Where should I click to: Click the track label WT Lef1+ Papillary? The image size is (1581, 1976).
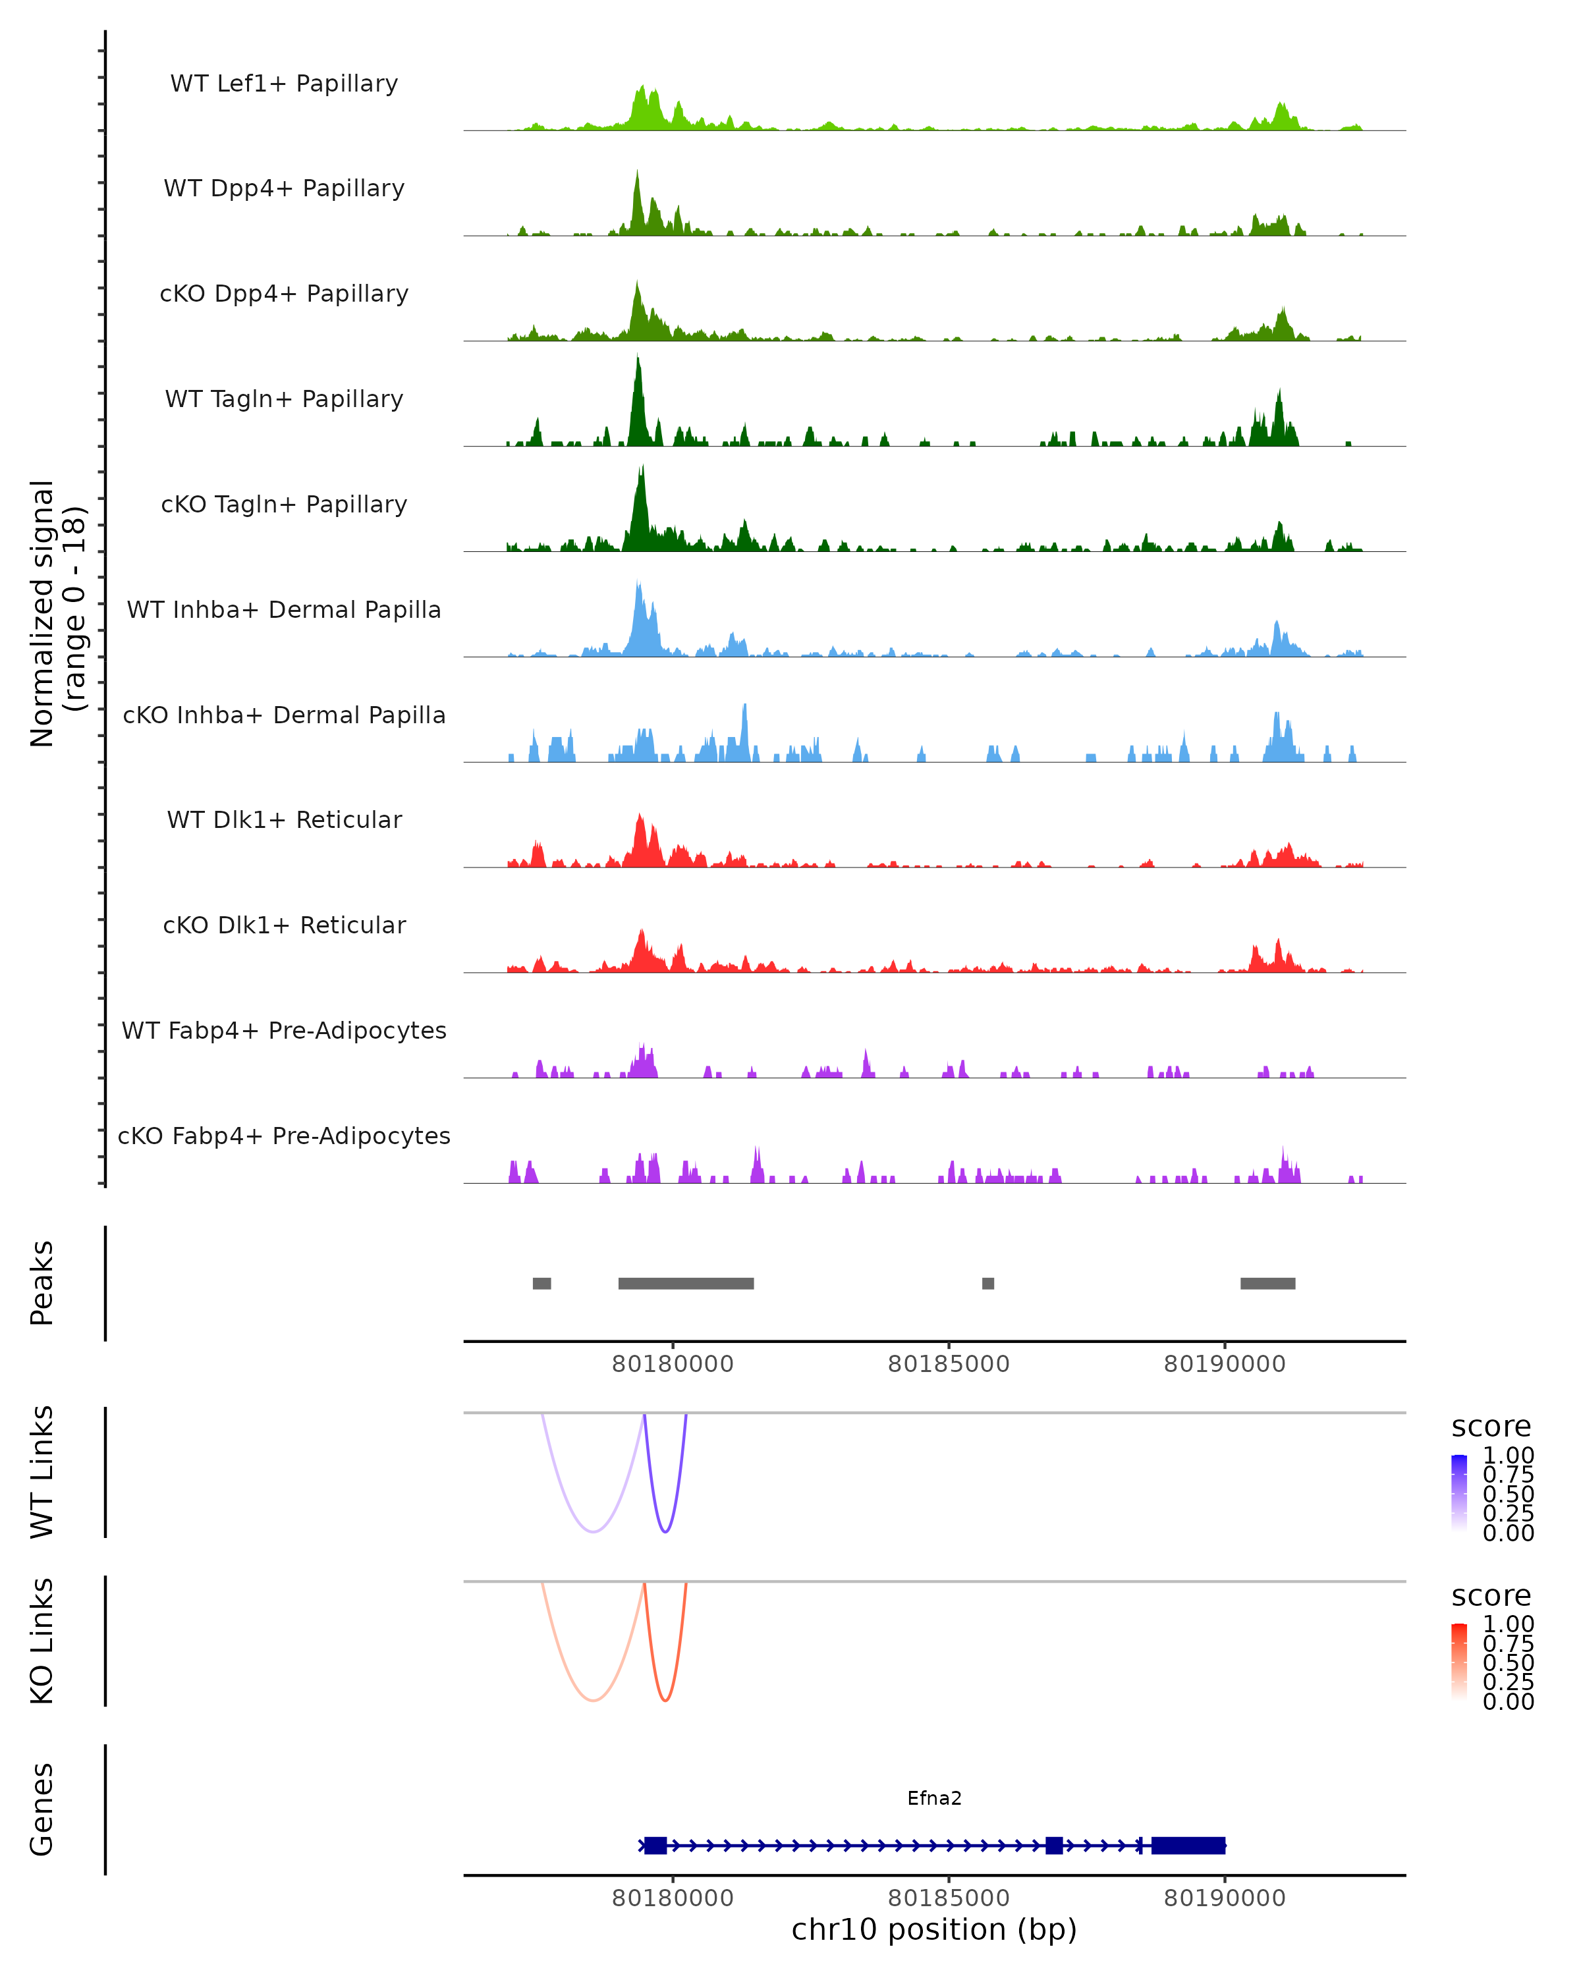[284, 84]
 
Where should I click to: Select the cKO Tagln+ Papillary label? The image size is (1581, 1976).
[284, 504]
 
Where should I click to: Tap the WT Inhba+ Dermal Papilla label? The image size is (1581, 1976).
[284, 609]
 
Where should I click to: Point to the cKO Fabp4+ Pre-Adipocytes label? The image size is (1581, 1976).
[284, 1136]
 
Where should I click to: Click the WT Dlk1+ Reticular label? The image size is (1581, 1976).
[284, 819]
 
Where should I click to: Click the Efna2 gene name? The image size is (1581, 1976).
[934, 1798]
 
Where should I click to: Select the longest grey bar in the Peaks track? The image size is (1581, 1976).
[686, 1283]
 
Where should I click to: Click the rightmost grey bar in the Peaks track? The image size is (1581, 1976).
[1267, 1283]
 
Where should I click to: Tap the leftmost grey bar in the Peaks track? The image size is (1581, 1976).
[541, 1283]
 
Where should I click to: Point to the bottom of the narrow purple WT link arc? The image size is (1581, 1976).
[665, 1531]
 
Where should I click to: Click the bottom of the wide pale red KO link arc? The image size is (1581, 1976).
[594, 1700]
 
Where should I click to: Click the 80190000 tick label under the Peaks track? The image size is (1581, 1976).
[1225, 1364]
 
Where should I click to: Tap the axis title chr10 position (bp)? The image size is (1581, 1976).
[934, 1929]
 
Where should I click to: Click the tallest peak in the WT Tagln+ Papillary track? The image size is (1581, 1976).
[638, 359]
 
